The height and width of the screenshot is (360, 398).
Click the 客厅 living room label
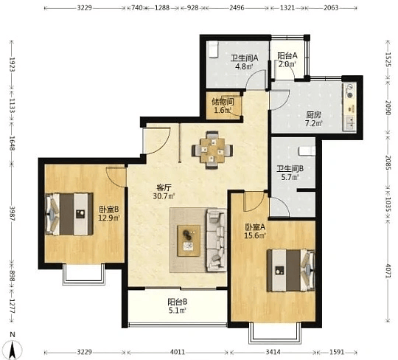(164, 188)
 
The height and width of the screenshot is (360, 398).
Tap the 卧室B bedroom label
(109, 210)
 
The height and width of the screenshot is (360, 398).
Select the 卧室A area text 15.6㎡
(255, 235)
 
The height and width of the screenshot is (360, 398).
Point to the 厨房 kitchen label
(313, 115)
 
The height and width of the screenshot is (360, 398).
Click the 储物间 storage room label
(223, 102)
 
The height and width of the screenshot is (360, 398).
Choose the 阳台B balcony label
(178, 302)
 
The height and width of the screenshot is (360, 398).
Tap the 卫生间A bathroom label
(244, 58)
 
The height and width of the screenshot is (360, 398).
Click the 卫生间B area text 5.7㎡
(290, 177)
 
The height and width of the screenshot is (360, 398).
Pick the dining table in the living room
(212, 150)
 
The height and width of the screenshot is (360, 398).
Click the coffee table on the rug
(189, 240)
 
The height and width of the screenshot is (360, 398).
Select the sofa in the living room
(217, 240)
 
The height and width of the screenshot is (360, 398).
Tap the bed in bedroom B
(69, 214)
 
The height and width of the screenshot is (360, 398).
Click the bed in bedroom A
(291, 270)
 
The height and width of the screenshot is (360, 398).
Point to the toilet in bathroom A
(212, 49)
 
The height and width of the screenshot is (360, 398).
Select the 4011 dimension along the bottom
(178, 353)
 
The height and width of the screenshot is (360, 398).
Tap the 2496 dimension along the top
(237, 8)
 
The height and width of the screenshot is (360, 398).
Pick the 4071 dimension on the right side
(388, 271)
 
